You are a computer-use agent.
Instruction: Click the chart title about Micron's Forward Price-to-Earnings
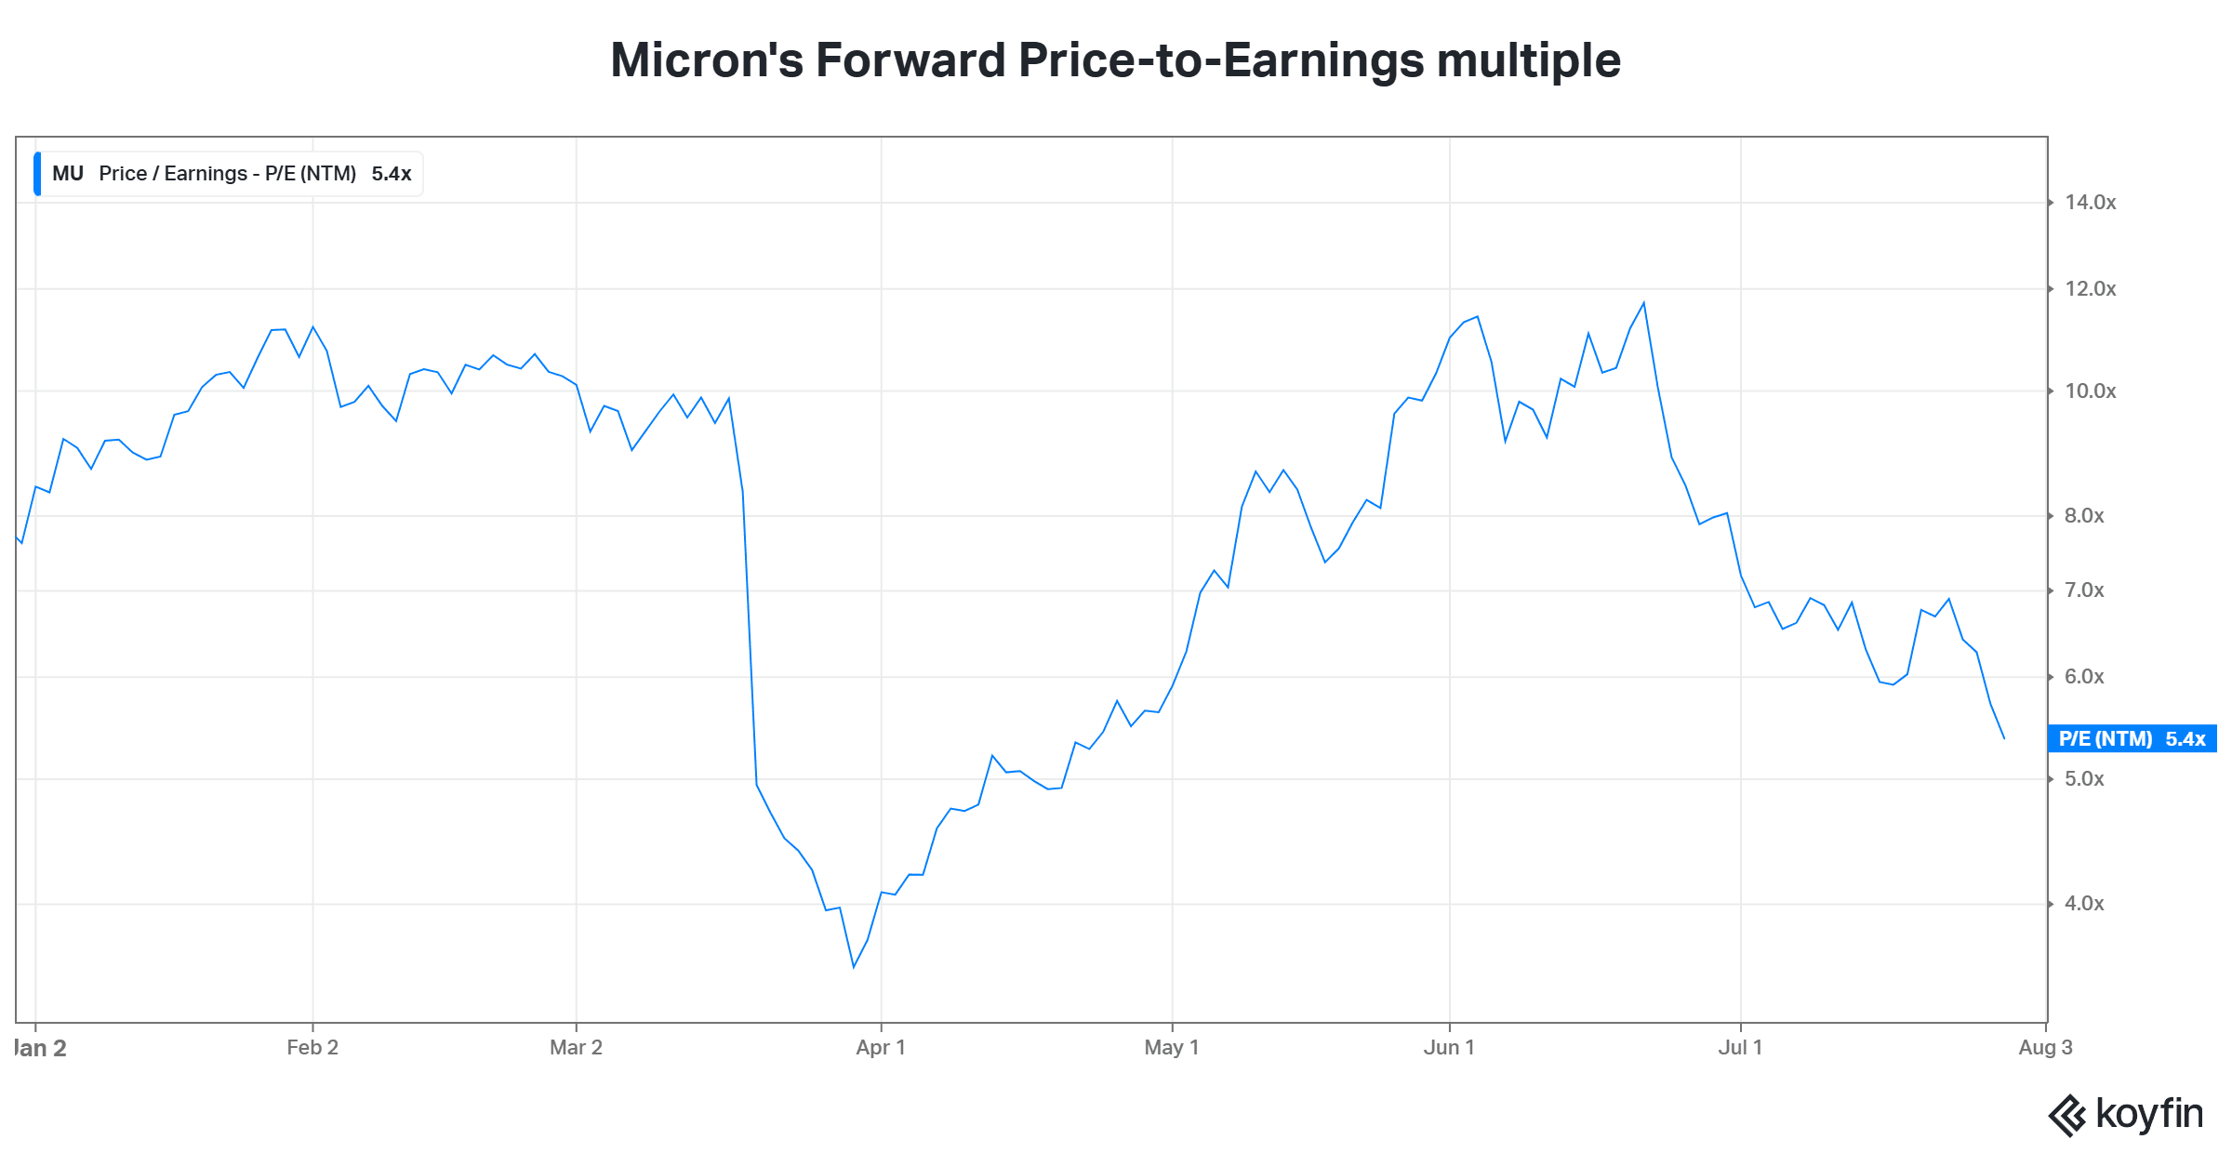(x=1115, y=60)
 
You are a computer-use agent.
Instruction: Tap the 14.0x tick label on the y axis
(x=2090, y=203)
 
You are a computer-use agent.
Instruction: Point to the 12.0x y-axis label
(x=2090, y=289)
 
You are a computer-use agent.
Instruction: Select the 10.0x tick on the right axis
(x=2090, y=391)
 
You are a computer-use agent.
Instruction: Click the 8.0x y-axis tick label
(x=2084, y=516)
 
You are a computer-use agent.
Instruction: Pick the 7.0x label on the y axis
(x=2084, y=590)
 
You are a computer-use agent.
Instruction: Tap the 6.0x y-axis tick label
(x=2084, y=677)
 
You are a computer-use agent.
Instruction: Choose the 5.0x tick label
(x=2084, y=779)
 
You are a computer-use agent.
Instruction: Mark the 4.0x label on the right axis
(x=2084, y=904)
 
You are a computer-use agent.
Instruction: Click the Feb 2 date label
(x=312, y=1048)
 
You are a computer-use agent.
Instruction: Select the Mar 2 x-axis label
(x=576, y=1048)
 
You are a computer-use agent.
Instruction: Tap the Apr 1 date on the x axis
(x=881, y=1048)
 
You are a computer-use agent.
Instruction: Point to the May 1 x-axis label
(x=1172, y=1048)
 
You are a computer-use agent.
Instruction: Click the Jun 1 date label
(x=1449, y=1048)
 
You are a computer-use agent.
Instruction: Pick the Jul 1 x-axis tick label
(x=1740, y=1048)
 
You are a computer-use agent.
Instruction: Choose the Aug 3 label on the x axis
(x=2045, y=1048)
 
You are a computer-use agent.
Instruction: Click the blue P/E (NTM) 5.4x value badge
(x=2132, y=739)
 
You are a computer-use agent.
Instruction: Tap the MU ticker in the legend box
(x=68, y=174)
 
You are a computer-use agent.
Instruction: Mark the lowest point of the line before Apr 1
(x=854, y=967)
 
